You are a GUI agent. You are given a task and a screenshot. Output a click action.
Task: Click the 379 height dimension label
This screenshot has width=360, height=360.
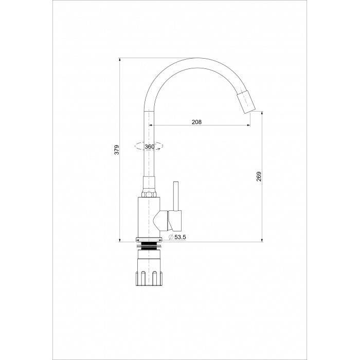coord(117,150)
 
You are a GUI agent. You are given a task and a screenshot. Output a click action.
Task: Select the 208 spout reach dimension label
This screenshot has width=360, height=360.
coord(196,122)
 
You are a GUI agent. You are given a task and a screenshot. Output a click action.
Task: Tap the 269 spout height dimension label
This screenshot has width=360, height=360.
coord(259,176)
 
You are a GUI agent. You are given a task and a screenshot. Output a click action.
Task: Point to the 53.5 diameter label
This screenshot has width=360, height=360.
coord(180,237)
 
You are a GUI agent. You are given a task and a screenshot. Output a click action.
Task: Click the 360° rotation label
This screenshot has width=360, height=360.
coord(150,147)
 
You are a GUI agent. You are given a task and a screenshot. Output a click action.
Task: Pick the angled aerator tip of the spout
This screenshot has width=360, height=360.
coord(246,102)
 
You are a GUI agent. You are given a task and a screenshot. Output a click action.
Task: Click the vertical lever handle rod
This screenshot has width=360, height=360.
coord(176,196)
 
